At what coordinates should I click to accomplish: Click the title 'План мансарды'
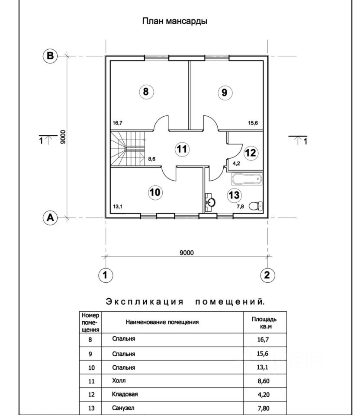tap(174, 21)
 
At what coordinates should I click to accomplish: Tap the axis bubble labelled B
tap(50, 56)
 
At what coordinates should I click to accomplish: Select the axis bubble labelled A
tap(50, 217)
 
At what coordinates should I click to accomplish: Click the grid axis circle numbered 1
tap(106, 275)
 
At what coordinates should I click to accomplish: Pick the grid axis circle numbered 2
tap(267, 275)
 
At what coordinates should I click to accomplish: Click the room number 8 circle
tap(146, 92)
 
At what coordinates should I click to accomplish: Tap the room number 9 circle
tap(225, 93)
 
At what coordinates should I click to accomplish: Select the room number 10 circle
tap(155, 192)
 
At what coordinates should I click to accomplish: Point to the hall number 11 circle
tap(182, 149)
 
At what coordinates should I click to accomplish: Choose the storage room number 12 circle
tap(251, 153)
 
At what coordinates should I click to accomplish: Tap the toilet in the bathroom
tap(256, 206)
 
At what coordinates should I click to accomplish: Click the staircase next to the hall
tap(128, 149)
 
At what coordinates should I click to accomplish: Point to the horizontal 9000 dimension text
tap(187, 252)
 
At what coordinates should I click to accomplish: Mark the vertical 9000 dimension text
tap(63, 137)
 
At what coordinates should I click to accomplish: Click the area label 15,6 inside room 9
tap(253, 123)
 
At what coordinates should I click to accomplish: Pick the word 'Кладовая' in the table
tap(125, 394)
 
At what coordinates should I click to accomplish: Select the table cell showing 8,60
tap(264, 381)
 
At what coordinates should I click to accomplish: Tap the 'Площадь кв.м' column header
tap(264, 322)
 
